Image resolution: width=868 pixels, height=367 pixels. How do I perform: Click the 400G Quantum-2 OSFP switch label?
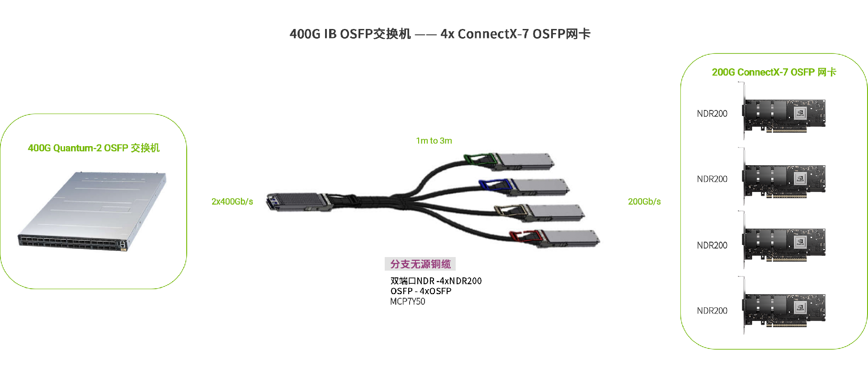pos(94,148)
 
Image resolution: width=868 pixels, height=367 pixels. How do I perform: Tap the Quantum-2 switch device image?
pos(93,210)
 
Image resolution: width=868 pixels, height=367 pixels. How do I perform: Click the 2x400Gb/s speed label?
pos(232,201)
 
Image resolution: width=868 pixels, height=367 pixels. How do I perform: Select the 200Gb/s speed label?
pos(644,201)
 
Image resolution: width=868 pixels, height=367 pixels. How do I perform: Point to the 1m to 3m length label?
pos(434,141)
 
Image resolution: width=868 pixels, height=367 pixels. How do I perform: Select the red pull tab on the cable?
pos(524,236)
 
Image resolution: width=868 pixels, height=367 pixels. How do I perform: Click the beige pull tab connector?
pos(509,210)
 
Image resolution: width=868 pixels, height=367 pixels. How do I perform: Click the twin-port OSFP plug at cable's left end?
pos(296,202)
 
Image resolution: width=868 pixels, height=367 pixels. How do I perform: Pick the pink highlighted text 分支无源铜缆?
pos(420,264)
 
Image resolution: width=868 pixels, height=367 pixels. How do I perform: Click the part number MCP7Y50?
pos(407,301)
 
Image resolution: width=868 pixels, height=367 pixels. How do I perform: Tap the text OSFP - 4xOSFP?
pos(421,291)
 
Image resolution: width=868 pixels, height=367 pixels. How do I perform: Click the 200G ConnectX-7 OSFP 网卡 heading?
pos(774,72)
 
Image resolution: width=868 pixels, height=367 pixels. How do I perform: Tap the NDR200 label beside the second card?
pos(712,179)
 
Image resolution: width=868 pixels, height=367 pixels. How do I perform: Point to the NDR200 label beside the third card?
pos(712,245)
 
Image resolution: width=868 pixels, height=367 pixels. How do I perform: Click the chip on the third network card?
pos(800,243)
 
